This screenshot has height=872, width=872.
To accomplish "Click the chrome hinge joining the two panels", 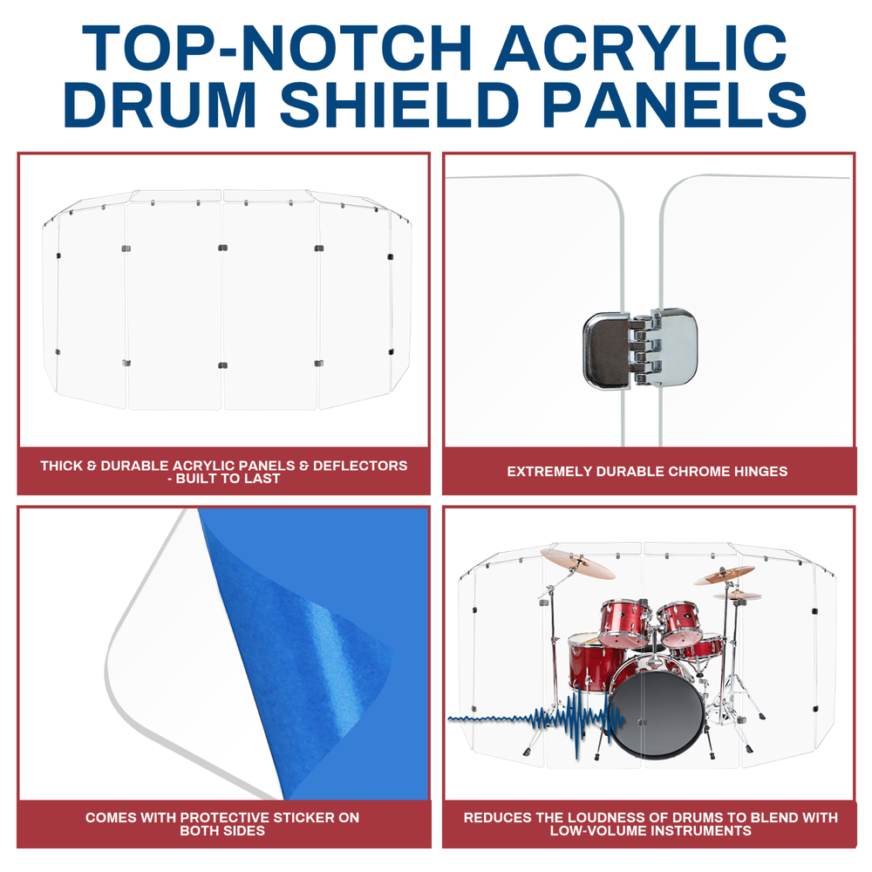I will tap(640, 349).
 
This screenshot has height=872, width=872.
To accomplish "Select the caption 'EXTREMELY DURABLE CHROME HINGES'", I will tap(647, 471).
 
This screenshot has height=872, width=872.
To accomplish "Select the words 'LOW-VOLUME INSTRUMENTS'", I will tap(651, 831).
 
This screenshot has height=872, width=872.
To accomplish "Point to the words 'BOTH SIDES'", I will tap(222, 831).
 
